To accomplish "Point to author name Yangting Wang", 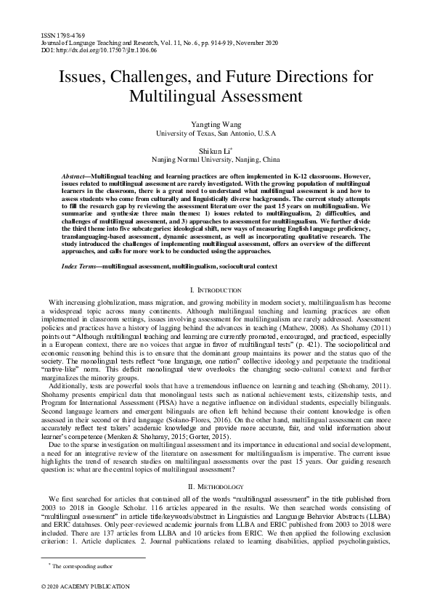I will pyautogui.click(x=216, y=125).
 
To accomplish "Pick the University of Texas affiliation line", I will pyautogui.click(x=216, y=134).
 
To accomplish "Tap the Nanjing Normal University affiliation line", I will pyautogui.click(x=216, y=159).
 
